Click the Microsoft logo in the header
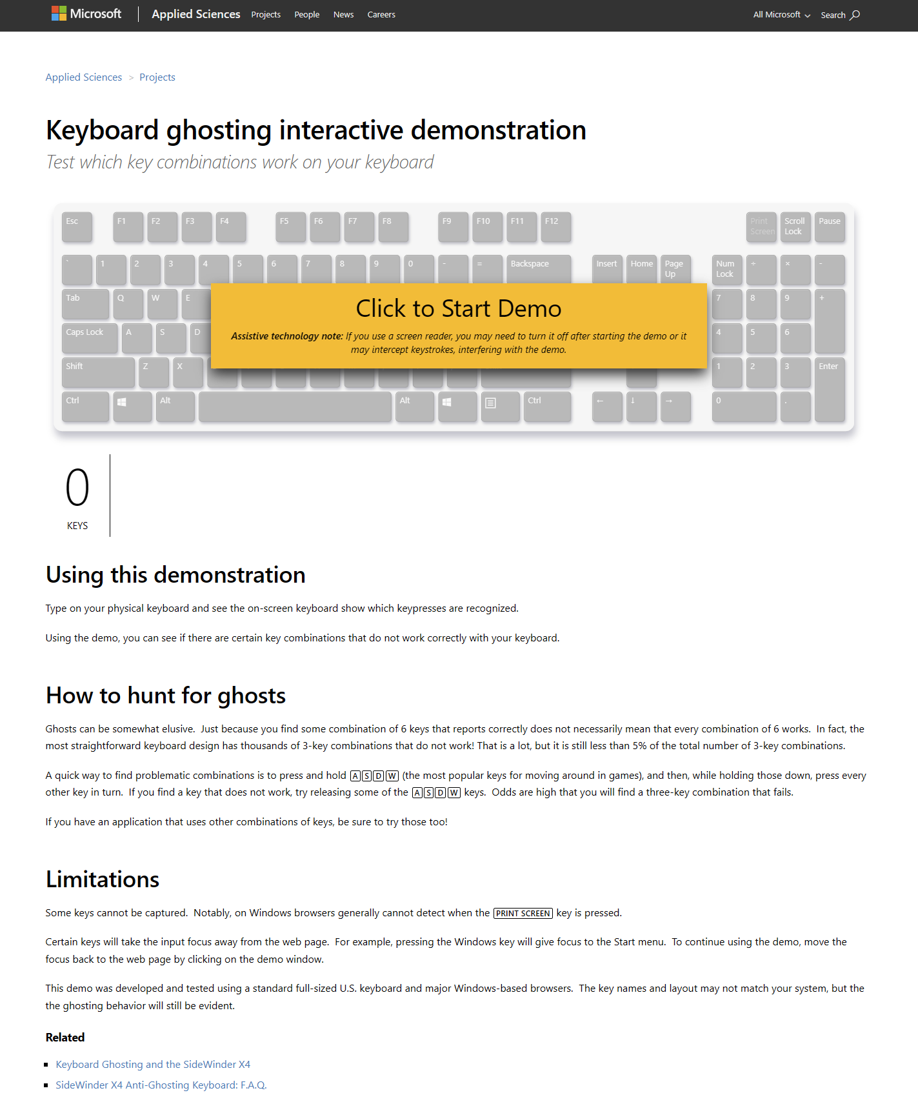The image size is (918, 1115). (86, 14)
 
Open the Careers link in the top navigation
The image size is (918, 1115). (381, 15)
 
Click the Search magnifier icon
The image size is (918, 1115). (855, 15)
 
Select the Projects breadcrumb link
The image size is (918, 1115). (157, 77)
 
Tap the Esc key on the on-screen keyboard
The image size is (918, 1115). (77, 226)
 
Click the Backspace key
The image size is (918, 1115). (539, 269)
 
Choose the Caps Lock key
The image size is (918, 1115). (90, 337)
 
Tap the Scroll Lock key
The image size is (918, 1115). (795, 226)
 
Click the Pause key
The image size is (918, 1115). (830, 226)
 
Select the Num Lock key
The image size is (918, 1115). (726, 269)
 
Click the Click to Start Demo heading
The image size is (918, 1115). (459, 309)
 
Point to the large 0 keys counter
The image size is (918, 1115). (77, 488)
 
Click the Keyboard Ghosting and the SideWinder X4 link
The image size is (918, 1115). (153, 1065)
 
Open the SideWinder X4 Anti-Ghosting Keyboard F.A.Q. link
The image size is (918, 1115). (161, 1085)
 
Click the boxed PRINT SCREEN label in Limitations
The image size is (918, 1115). (523, 914)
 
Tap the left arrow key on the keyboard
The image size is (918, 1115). (607, 406)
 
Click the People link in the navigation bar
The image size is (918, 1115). (307, 15)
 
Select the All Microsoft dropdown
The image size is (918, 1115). (781, 15)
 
